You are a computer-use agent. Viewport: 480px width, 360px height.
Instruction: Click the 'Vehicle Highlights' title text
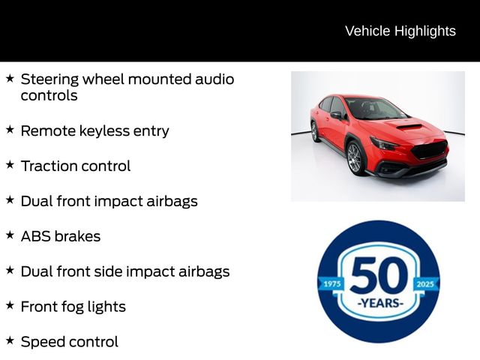(x=400, y=31)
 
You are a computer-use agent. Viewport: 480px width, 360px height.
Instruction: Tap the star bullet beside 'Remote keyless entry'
(x=10, y=130)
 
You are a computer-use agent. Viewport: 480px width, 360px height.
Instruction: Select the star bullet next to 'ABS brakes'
(x=10, y=235)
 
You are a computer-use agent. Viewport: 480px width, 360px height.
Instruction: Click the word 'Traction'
(x=49, y=166)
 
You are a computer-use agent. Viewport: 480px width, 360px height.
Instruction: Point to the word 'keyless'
(x=104, y=131)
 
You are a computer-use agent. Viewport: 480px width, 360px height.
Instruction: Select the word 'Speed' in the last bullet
(x=43, y=342)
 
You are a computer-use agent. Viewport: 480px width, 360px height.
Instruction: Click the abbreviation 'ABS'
(x=35, y=236)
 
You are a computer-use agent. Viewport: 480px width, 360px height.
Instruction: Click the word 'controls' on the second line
(x=49, y=95)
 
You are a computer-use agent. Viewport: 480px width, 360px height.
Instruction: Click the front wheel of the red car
(x=355, y=158)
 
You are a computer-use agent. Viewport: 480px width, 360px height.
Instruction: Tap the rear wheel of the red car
(x=314, y=132)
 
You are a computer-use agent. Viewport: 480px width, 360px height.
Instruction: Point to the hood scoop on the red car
(x=409, y=127)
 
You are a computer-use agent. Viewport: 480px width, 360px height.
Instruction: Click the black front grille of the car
(x=429, y=150)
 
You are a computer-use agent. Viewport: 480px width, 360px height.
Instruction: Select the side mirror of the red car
(x=336, y=115)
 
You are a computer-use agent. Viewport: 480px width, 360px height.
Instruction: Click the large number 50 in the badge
(x=379, y=275)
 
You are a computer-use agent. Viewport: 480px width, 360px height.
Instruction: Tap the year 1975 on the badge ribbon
(x=331, y=284)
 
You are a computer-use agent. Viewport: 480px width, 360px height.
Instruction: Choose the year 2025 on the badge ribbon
(x=425, y=284)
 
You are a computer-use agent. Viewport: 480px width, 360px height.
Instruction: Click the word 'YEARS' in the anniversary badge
(x=380, y=303)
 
